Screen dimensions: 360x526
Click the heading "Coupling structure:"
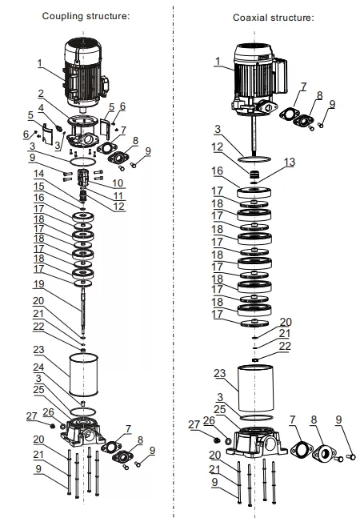click(86, 16)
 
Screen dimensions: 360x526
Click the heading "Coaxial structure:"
click(274, 18)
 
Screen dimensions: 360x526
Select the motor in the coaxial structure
click(258, 81)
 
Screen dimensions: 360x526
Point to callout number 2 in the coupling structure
click(41, 93)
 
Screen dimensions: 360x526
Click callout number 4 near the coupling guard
click(41, 108)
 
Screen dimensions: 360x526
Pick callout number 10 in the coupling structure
click(118, 183)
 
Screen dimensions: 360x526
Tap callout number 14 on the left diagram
click(39, 174)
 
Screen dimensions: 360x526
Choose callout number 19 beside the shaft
click(39, 283)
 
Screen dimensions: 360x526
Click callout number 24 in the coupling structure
click(38, 367)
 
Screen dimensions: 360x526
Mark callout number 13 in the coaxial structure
click(290, 162)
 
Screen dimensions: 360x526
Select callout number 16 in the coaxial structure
click(218, 171)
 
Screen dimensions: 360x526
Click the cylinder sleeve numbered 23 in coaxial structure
click(255, 387)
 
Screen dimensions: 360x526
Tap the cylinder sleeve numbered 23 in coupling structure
click(83, 375)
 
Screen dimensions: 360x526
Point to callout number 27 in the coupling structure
click(31, 416)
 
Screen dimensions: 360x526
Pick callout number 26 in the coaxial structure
click(210, 420)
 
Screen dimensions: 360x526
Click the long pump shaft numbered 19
click(82, 311)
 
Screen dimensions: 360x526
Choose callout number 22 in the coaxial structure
click(285, 346)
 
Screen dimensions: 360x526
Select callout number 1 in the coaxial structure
click(218, 61)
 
